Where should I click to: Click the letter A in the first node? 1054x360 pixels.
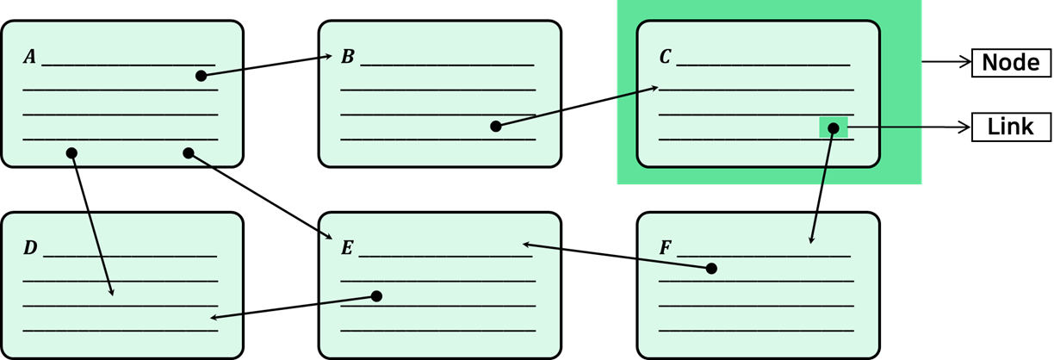[x=29, y=57]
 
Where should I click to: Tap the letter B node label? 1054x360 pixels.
[x=348, y=57]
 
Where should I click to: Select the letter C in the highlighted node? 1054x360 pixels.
[x=665, y=57]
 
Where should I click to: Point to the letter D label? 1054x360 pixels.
[x=30, y=248]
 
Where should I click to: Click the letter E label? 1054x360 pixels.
[x=347, y=248]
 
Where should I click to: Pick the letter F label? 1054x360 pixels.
[x=666, y=248]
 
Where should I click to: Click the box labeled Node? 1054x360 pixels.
[x=1011, y=63]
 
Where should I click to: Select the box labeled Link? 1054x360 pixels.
[x=1011, y=127]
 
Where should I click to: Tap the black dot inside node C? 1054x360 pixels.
[x=834, y=128]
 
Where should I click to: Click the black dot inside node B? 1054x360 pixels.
[x=495, y=126]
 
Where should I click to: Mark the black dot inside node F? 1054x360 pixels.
[x=711, y=269]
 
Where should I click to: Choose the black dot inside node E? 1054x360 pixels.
[x=376, y=296]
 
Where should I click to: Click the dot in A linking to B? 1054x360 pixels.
[x=201, y=76]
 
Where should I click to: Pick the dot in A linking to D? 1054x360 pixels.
[x=71, y=153]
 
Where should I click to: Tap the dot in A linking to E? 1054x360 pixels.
[x=189, y=153]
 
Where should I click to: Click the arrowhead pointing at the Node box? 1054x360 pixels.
[x=966, y=62]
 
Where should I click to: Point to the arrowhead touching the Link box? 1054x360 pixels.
[x=966, y=127]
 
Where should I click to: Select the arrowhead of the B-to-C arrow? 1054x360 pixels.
[x=654, y=88]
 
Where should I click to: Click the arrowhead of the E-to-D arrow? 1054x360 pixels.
[x=214, y=318]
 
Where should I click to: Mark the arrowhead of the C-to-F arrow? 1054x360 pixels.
[x=811, y=240]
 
